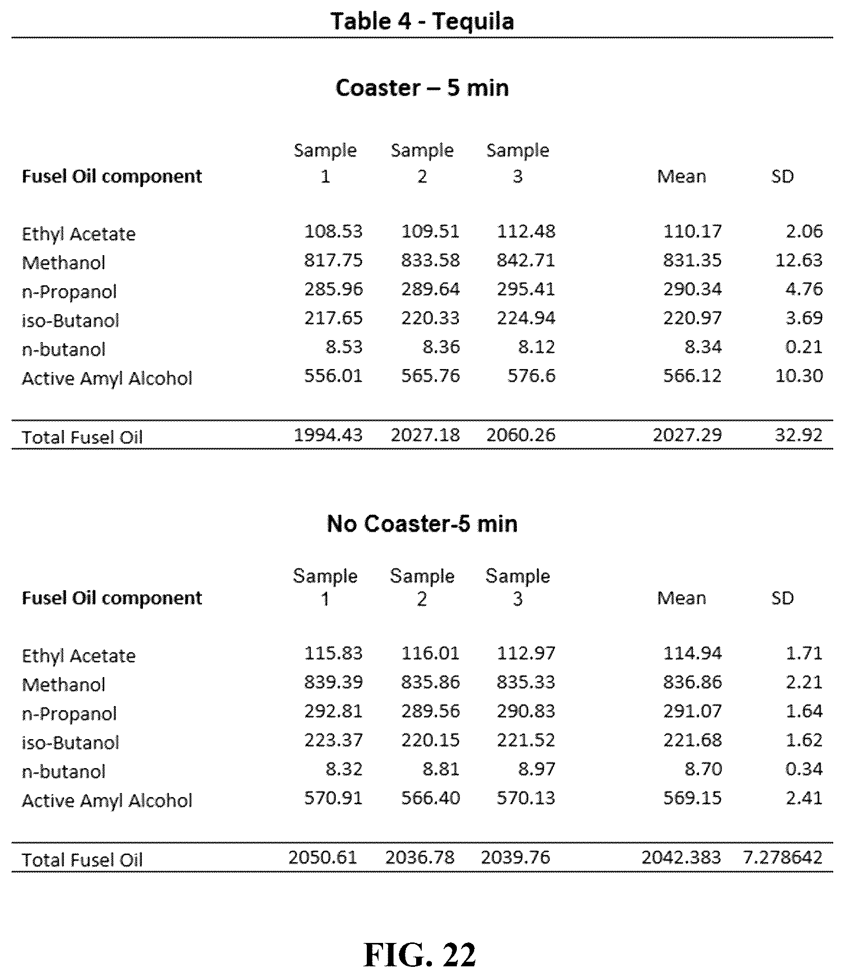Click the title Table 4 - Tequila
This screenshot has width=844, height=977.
[422, 21]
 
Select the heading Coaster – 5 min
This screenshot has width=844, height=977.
[422, 88]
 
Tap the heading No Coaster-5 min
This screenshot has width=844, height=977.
[422, 524]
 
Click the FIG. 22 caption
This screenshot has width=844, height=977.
[420, 955]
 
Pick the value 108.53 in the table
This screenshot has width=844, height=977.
[333, 232]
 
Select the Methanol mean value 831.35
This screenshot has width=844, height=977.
[692, 260]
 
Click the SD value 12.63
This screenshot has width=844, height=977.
[799, 260]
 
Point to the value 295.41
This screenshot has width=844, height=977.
[526, 289]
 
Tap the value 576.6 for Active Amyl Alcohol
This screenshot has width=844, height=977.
[531, 376]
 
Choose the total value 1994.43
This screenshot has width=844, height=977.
[328, 435]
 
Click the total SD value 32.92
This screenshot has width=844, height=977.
[799, 435]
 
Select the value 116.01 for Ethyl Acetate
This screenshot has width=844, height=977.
[430, 653]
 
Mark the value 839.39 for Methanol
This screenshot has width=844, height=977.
[333, 682]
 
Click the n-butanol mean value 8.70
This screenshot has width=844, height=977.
[703, 769]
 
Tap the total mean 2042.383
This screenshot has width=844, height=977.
[681, 858]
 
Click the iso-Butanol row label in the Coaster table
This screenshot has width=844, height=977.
[70, 321]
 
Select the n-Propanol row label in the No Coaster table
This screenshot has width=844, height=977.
[69, 714]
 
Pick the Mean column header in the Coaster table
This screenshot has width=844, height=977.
[682, 176]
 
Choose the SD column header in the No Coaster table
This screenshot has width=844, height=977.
[782, 598]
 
